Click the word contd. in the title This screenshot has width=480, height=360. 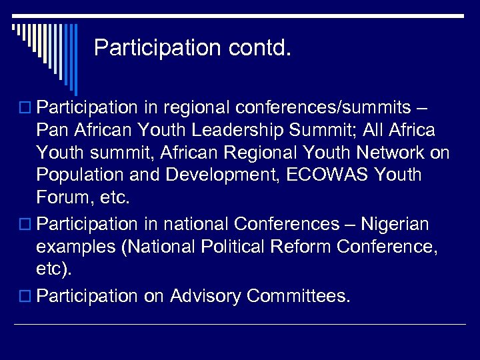point(257,48)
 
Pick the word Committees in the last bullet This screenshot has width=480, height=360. point(298,296)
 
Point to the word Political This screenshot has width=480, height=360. point(222,247)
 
